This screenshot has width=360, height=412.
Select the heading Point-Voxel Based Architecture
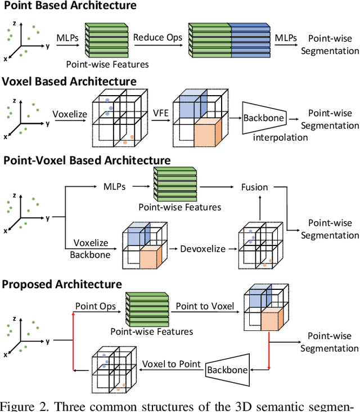click(x=87, y=160)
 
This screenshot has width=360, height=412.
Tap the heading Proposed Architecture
click(x=61, y=283)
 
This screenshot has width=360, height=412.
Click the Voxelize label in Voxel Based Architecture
click(x=70, y=114)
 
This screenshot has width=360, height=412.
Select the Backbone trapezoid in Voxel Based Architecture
click(x=263, y=118)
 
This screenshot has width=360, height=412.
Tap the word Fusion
click(x=254, y=187)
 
